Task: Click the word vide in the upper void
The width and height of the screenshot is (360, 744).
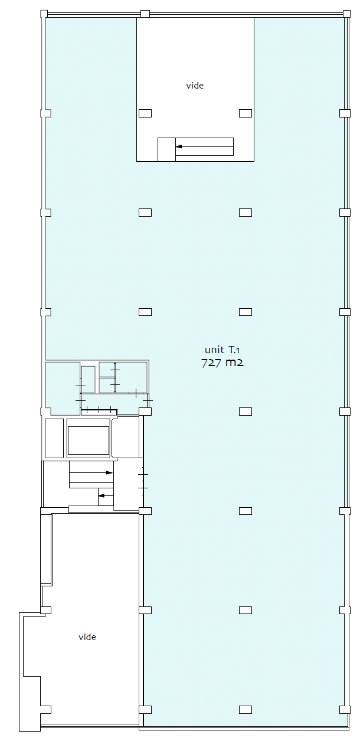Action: [195, 86]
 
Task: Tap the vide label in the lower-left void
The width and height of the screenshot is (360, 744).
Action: [87, 637]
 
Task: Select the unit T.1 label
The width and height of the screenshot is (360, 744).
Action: [222, 350]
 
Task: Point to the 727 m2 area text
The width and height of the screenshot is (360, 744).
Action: [222, 363]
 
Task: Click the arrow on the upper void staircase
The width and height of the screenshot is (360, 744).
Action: [205, 146]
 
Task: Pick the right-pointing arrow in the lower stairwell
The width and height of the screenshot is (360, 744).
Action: [91, 472]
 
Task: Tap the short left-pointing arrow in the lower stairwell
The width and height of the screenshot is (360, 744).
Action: [106, 496]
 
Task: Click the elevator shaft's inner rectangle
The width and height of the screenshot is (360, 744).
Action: [89, 440]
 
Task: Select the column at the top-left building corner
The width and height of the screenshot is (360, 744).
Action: [44, 14]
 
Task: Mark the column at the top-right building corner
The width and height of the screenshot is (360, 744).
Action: [346, 14]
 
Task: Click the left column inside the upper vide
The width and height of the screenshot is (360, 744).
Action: [145, 113]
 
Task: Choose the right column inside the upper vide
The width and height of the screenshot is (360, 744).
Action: [246, 113]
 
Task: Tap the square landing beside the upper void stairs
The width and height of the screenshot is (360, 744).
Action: [166, 149]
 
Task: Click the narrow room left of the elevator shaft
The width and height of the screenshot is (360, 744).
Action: [54, 438]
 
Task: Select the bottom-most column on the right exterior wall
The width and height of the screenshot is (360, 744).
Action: [345, 710]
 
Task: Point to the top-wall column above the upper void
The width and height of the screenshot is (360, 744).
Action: [145, 14]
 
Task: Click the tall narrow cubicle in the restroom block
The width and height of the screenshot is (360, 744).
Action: [88, 379]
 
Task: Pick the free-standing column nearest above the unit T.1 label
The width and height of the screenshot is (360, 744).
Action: [246, 312]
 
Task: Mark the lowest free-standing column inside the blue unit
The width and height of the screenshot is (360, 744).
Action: [246, 710]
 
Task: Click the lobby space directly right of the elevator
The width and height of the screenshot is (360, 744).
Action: [126, 437]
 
